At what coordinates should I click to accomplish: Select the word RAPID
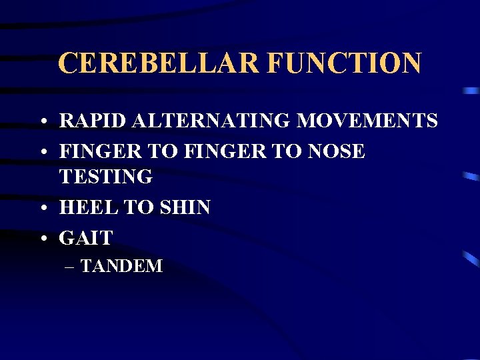pos(93,121)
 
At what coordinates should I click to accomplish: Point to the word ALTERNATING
pos(211,121)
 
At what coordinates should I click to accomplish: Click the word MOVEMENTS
pos(368,121)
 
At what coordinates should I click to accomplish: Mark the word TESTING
pos(106,177)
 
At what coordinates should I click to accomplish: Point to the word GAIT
pos(86,237)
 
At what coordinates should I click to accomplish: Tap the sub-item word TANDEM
pos(121,267)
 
